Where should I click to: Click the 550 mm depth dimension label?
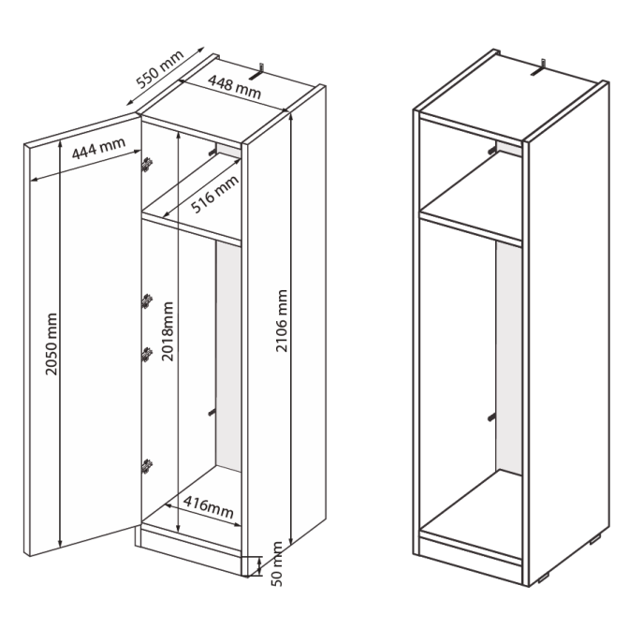point(160,68)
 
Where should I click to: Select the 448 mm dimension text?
point(234,87)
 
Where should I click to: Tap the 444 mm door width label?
point(98,148)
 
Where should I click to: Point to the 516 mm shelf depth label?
point(214,194)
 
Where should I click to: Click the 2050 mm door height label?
point(51,344)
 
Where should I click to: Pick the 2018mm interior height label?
point(168,331)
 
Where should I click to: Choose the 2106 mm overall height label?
point(282,321)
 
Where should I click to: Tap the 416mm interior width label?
point(209,506)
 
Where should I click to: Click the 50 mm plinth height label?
point(277,564)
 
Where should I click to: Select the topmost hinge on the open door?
point(148,164)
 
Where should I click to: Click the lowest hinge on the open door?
point(148,466)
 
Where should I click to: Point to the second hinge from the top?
point(148,300)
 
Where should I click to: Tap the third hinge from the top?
point(148,354)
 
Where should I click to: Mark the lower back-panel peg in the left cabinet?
point(212,413)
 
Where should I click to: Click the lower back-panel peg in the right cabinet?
point(491,417)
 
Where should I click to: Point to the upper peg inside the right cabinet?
point(492,150)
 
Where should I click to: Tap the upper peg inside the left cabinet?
point(212,152)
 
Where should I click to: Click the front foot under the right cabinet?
point(544,578)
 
